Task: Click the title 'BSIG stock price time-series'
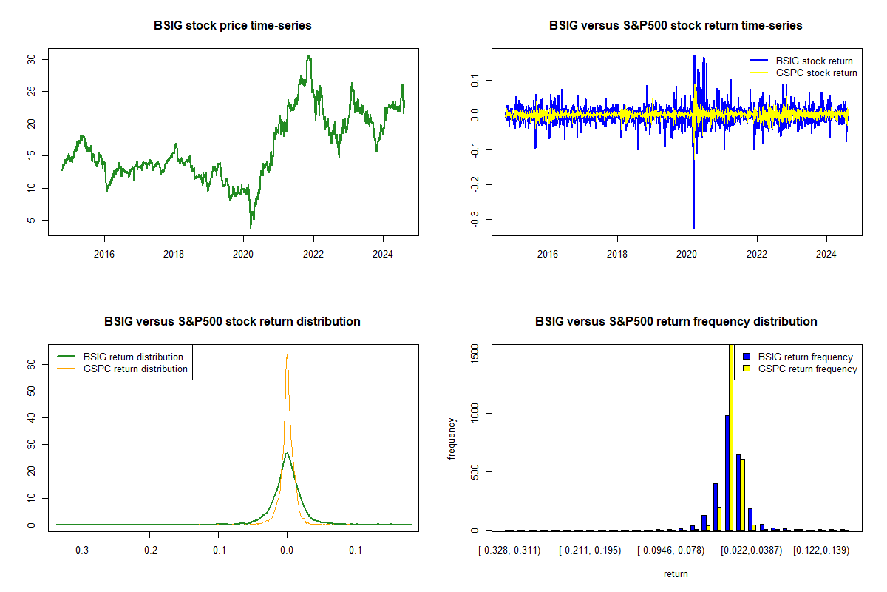[232, 26]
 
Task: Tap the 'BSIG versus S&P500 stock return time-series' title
[676, 26]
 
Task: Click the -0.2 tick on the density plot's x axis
[149, 551]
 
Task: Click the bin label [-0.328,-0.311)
[509, 551]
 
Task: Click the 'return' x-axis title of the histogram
[676, 573]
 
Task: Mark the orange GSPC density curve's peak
[287, 355]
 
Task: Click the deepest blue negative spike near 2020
[693, 228]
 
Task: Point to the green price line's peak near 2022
[309, 55]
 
